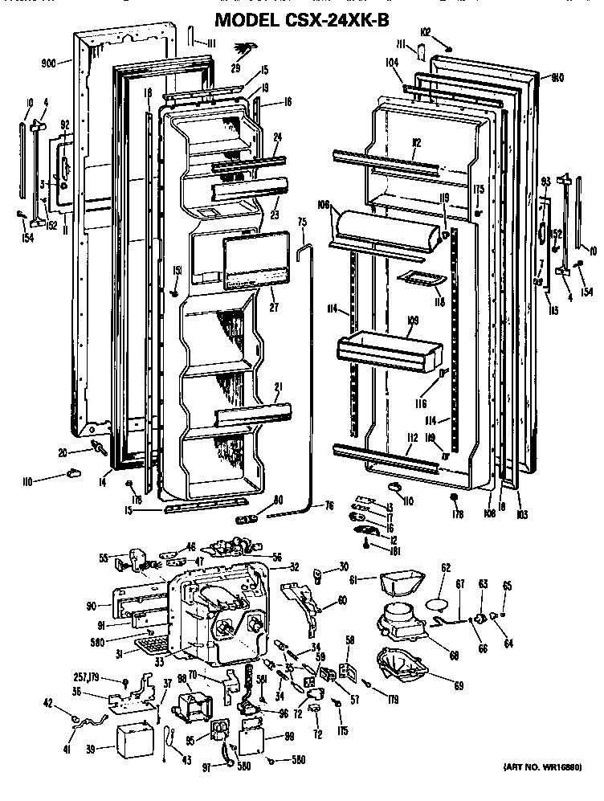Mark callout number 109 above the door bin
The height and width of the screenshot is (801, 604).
coord(413,321)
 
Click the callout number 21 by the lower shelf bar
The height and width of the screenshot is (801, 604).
coord(278,388)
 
